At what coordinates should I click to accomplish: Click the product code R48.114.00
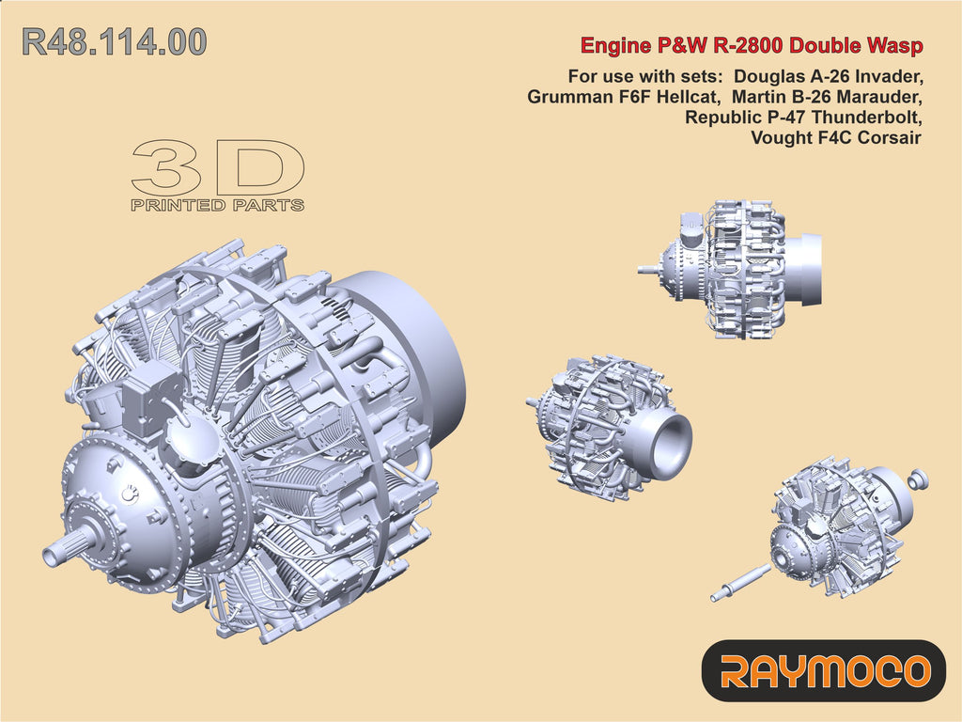pos(114,42)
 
